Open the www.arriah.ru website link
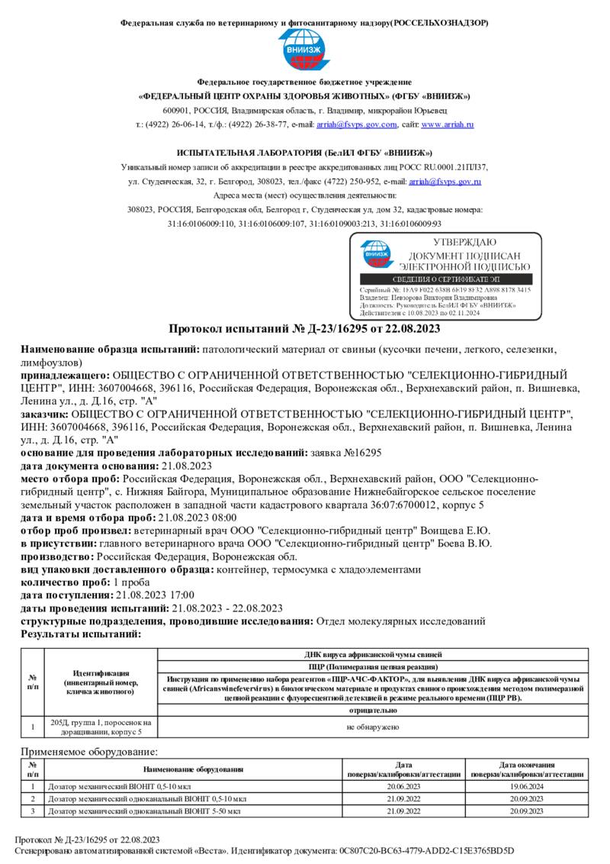tap(448, 124)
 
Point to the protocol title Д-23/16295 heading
tap(304, 329)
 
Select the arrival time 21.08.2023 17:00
tap(155, 595)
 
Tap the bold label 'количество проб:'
tap(66, 582)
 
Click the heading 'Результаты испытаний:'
tap(81, 633)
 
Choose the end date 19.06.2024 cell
tap(526, 785)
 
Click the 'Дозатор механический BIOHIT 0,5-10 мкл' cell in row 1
tap(111, 785)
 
